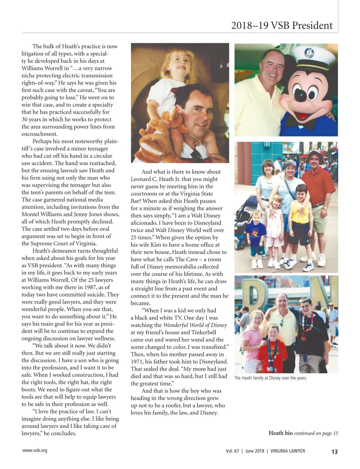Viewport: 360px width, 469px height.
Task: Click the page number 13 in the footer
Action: [334, 452]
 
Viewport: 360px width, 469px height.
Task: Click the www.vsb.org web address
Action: [35, 450]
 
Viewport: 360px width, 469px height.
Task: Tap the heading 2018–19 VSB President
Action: [282, 25]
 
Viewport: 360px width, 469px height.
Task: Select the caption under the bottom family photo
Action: [270, 378]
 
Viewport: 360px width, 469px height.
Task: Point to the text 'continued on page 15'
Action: [316, 433]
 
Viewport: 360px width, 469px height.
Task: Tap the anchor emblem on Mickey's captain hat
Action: [309, 53]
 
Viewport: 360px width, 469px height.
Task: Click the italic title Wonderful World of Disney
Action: [195, 325]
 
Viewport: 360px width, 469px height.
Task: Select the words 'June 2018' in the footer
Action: [255, 451]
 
